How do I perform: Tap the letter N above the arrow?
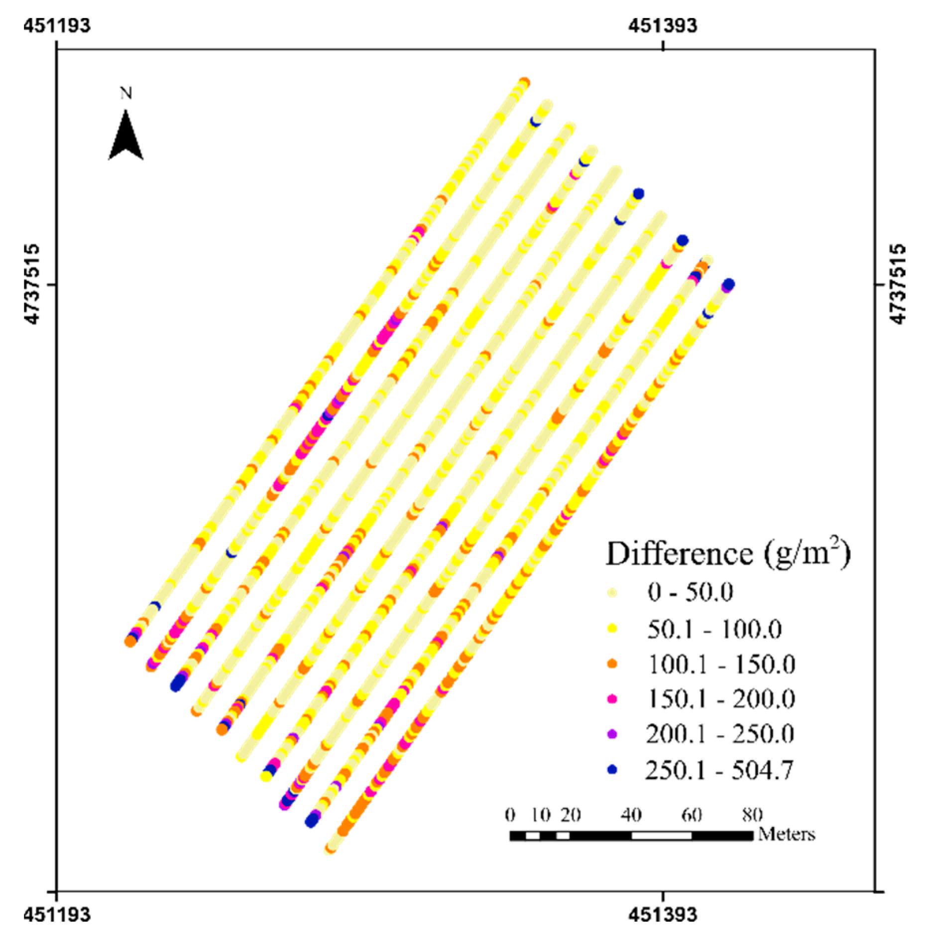tap(126, 93)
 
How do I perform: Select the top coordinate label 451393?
tap(662, 25)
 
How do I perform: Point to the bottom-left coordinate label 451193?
tap(57, 914)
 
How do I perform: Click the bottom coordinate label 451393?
tap(662, 914)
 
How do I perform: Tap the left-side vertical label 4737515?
tap(32, 284)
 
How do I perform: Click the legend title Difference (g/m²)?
tap(728, 554)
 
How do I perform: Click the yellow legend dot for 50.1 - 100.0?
tap(612, 629)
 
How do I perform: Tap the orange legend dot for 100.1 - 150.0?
tap(612, 664)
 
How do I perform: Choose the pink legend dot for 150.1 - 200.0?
tap(612, 699)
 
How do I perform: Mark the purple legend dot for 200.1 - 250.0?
tap(612, 734)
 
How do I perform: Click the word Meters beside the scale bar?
tap(787, 834)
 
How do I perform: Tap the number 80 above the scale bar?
tap(752, 815)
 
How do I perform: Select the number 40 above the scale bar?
tap(631, 815)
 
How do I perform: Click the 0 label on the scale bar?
tap(510, 815)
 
